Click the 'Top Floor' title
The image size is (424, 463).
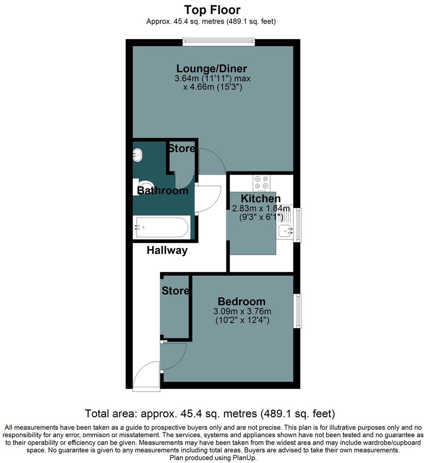[212, 10]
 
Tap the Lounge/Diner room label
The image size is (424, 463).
[212, 69]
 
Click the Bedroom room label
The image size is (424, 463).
[241, 302]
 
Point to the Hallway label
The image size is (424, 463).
[167, 250]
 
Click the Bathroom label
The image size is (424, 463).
[163, 191]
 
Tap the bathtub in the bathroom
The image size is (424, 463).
[162, 227]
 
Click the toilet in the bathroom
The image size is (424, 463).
[143, 186]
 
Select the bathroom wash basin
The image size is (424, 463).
[138, 154]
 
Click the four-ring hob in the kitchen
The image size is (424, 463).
[261, 183]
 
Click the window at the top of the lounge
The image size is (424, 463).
[218, 42]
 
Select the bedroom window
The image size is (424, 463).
[298, 311]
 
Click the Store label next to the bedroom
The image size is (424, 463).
[175, 291]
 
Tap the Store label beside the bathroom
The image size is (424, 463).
[181, 149]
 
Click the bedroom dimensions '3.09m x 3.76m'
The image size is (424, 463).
[242, 312]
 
